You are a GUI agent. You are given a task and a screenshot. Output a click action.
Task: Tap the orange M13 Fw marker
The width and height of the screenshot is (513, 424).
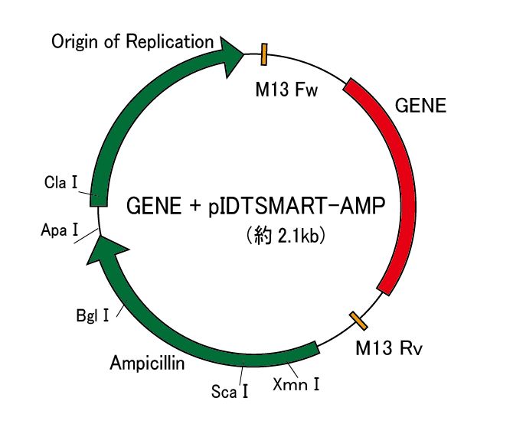point(264,54)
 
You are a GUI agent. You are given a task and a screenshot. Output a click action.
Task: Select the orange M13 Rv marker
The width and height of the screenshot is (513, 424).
point(357,321)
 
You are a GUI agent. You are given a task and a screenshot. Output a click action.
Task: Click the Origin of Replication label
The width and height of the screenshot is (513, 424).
point(132,41)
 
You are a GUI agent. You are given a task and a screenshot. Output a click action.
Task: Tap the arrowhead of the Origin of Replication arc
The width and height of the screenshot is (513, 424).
point(230,54)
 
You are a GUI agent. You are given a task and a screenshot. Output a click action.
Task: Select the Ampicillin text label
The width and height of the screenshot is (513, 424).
point(147,363)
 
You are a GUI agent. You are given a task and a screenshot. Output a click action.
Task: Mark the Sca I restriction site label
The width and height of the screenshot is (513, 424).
point(230,393)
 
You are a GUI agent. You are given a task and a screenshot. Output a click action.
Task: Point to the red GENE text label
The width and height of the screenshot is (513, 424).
point(420,106)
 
